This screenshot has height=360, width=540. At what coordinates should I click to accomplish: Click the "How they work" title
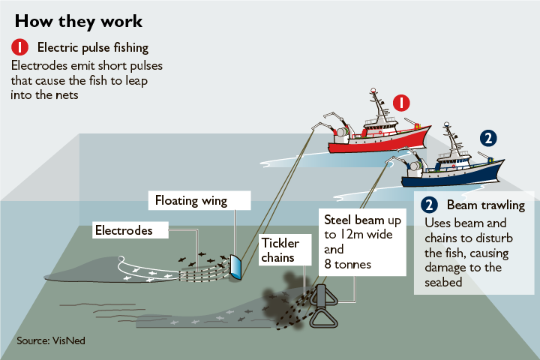point(79,21)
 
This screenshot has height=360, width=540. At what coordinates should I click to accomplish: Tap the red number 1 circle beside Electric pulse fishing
point(19,47)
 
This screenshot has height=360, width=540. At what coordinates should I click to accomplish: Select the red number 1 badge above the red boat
point(401,103)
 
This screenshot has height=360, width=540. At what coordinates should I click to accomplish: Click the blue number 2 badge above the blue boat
point(488,139)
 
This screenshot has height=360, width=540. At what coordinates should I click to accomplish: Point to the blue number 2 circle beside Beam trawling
point(429,205)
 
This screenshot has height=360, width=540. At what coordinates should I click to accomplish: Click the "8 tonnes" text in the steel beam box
point(348,264)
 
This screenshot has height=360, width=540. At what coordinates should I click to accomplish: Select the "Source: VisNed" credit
point(51,340)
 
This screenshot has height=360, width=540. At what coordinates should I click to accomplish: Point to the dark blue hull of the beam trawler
point(451,175)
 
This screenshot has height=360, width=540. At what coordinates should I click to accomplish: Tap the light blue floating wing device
point(235,267)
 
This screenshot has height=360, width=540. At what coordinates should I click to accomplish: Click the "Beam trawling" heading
point(486,205)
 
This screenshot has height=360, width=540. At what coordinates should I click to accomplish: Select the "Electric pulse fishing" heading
point(93,47)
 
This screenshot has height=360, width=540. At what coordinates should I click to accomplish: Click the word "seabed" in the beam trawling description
point(443,283)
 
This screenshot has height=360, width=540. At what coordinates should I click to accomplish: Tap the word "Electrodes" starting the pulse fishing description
point(39,65)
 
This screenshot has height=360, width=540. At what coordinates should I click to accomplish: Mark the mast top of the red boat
point(373,90)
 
